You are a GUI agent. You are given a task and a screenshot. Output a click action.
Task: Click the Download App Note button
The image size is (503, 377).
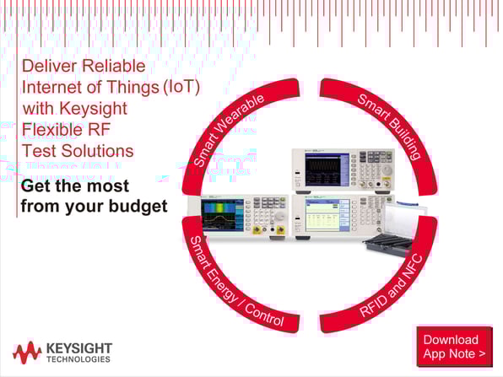(455, 347)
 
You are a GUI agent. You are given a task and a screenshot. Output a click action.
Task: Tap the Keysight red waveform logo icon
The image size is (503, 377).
(27, 353)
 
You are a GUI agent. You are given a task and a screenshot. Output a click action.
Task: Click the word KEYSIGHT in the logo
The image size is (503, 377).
(79, 348)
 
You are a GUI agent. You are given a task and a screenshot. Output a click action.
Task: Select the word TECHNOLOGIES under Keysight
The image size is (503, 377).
(78, 359)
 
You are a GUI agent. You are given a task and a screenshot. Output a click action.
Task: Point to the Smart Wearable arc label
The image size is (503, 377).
(229, 129)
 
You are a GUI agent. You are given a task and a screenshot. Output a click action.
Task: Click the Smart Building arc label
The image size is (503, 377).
(389, 126)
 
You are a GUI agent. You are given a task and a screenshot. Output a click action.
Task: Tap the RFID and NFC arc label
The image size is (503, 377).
(391, 285)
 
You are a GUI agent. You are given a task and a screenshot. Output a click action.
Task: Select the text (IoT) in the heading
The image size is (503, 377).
(181, 87)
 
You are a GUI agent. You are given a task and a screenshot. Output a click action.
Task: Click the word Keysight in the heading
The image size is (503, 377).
(94, 109)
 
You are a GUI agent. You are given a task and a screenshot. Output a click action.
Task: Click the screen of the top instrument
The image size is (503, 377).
(323, 170)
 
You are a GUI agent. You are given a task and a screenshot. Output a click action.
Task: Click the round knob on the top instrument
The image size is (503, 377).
(387, 170)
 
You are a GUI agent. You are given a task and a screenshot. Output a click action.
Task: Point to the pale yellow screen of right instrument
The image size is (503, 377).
(323, 215)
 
